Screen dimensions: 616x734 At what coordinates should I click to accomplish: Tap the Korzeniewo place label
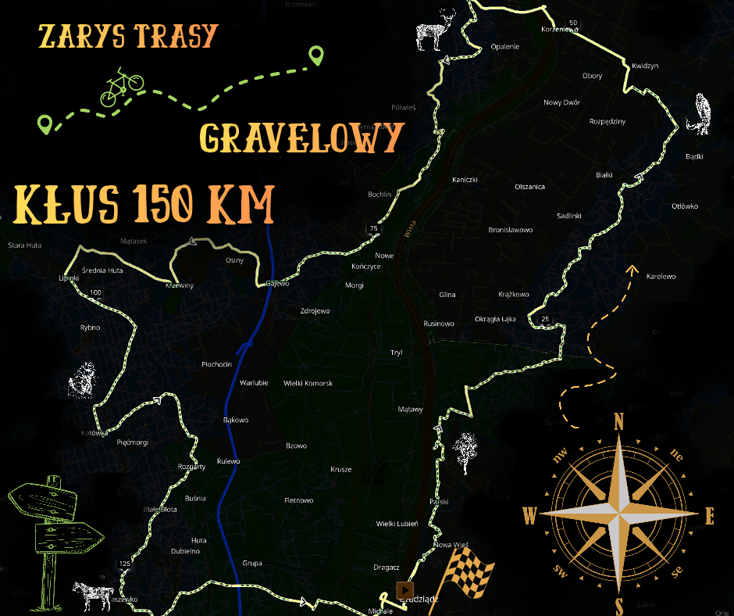(559, 30)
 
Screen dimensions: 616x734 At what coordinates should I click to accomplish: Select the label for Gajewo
(277, 283)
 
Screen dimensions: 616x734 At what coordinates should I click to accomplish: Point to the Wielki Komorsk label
(308, 383)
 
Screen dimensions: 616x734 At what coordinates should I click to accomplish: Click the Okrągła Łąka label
(495, 319)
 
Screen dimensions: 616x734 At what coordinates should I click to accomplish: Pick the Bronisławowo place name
(510, 230)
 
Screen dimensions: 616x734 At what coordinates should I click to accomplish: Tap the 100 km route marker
(95, 293)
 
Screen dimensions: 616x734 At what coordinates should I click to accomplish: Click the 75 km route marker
(373, 228)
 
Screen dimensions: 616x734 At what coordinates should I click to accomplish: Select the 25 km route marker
(545, 318)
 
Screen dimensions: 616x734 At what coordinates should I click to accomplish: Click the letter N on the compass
(619, 423)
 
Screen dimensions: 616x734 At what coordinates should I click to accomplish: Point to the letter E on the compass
(710, 516)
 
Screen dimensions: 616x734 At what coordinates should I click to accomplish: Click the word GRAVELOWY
(301, 138)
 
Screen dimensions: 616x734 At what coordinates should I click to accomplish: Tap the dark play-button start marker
(404, 589)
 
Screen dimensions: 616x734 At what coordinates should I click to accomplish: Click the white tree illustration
(466, 451)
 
